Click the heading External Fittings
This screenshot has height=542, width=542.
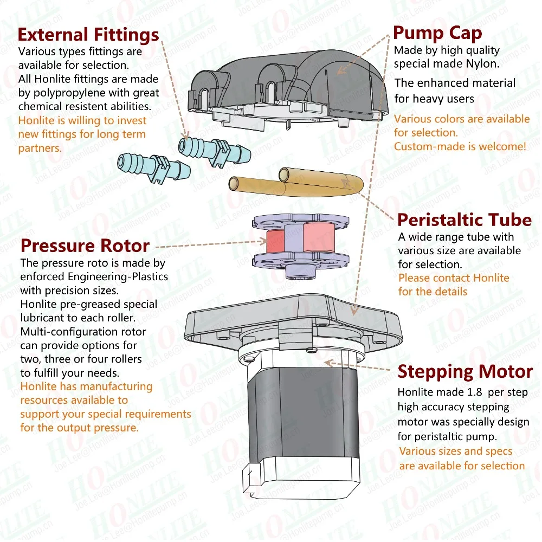coord(88,35)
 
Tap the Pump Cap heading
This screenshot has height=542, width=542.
coord(437,34)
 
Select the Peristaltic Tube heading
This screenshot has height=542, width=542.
coord(464,220)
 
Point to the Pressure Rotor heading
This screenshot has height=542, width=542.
coord(85,246)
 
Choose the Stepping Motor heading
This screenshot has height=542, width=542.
coord(465,372)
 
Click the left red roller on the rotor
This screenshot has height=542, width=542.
coord(274,240)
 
